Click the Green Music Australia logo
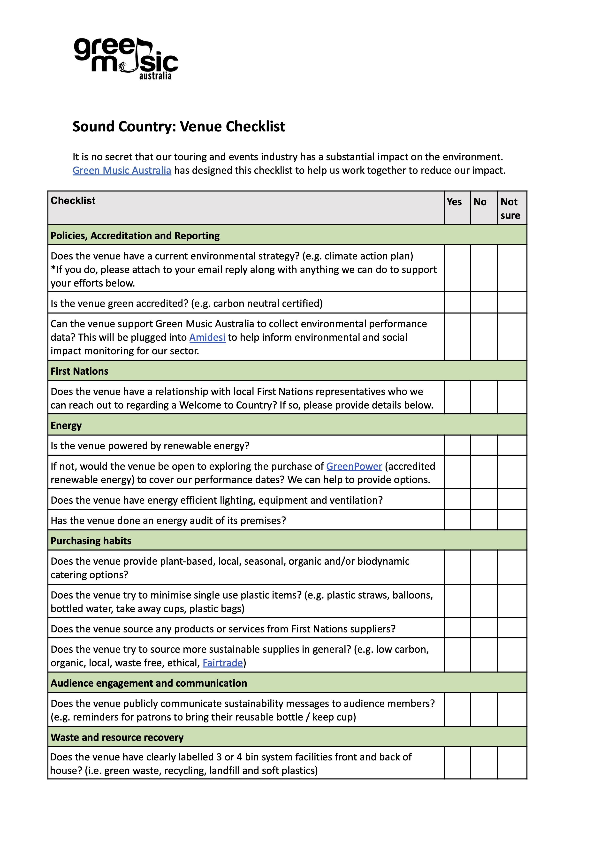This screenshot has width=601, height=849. point(126,59)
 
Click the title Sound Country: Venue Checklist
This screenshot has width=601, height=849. point(179,127)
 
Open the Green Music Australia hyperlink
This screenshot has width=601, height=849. point(122,171)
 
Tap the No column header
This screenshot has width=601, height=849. point(480,202)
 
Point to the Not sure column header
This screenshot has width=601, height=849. point(510,208)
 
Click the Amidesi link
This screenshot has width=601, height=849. point(207,337)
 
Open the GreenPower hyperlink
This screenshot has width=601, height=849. point(354,466)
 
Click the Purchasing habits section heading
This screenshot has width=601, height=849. point(91,541)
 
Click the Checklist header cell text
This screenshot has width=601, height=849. point(73,201)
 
